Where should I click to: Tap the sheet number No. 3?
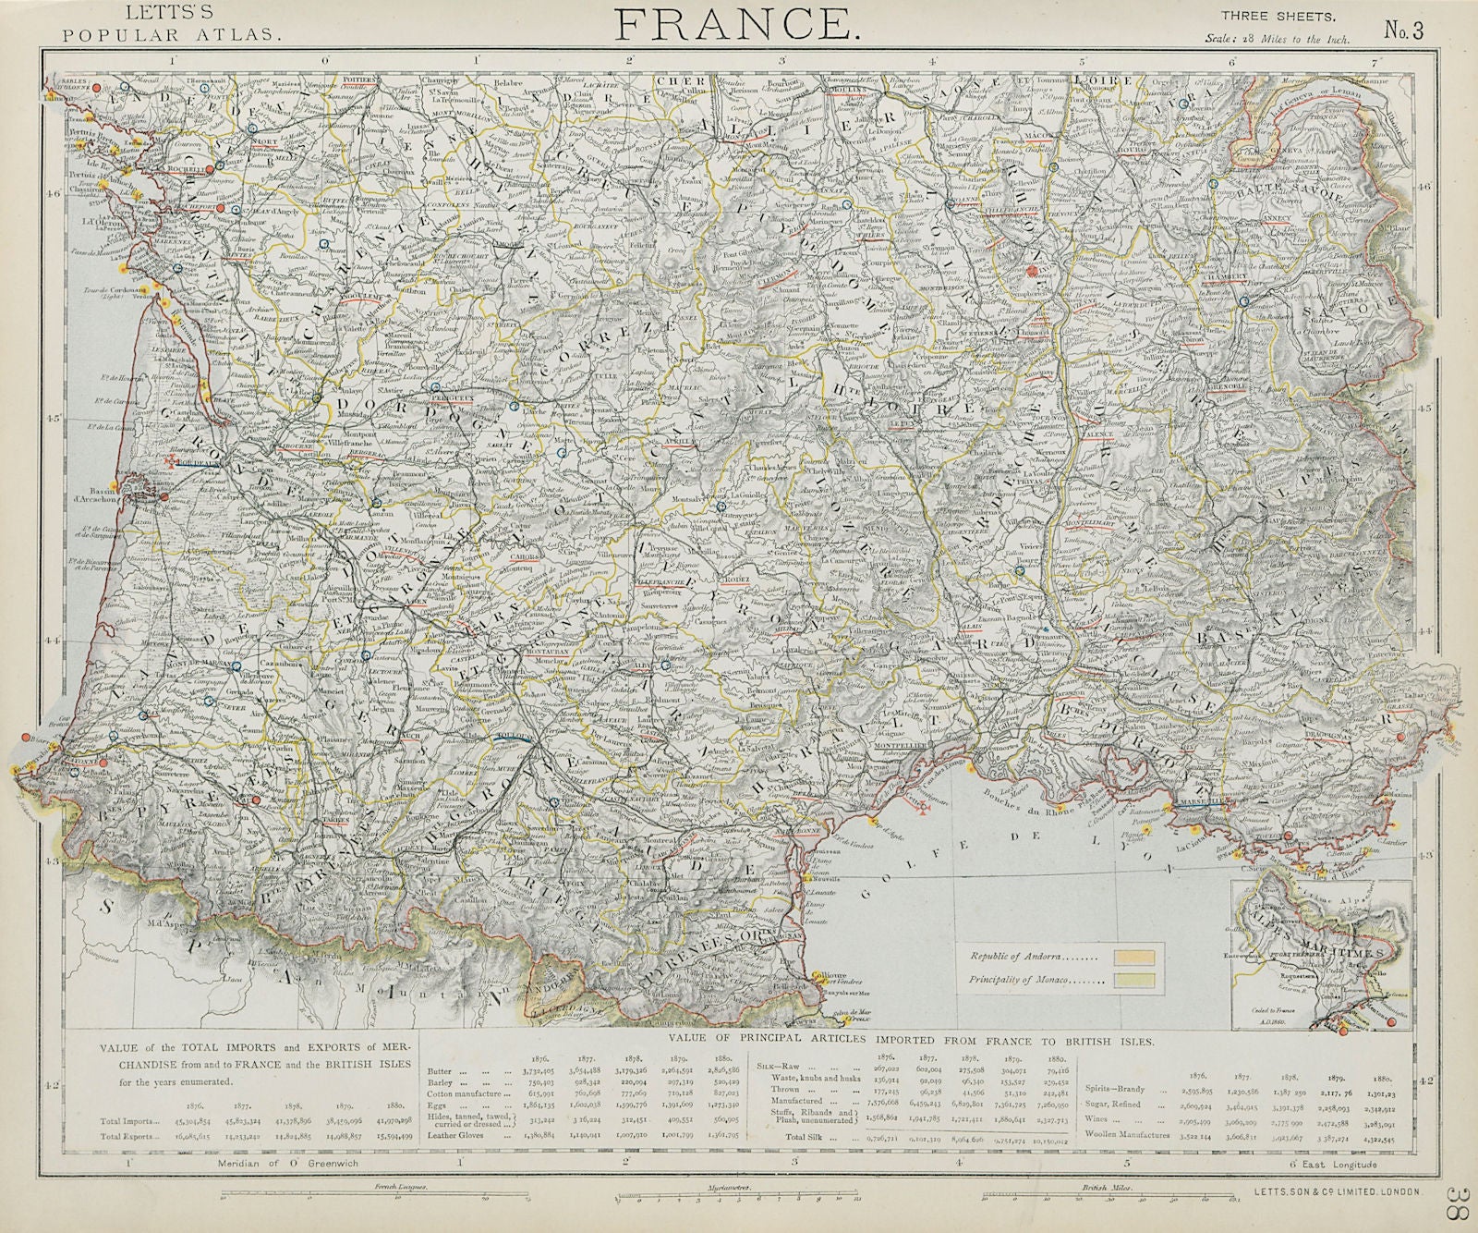click(x=1405, y=29)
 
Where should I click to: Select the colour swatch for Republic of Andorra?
click(x=1135, y=957)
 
